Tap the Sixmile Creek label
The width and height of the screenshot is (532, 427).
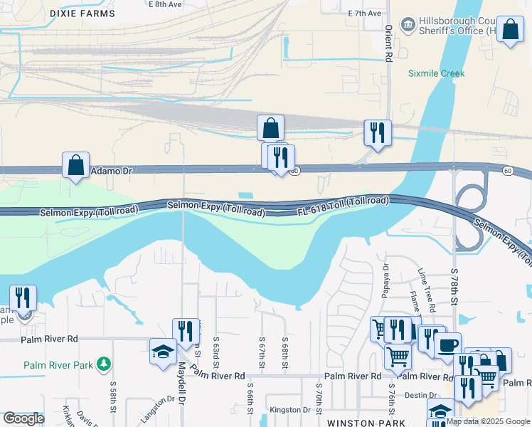point(436,73)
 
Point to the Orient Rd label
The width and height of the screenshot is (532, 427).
point(388,42)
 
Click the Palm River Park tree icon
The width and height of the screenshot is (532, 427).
point(105,364)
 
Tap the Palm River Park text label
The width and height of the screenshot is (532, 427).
point(58,365)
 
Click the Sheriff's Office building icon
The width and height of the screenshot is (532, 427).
point(408,26)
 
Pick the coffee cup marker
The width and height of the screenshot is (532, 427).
point(447,345)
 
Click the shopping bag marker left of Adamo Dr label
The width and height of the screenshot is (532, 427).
point(75,165)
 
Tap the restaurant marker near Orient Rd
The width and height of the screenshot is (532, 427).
point(377,132)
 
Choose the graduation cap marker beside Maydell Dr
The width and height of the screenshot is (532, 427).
point(163,352)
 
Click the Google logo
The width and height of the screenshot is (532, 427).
point(23,419)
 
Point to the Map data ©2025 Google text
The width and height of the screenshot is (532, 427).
point(488,421)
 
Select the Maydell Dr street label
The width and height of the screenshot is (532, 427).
point(181,391)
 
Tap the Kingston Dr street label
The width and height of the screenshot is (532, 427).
point(291,410)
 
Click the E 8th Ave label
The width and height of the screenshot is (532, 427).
point(165,4)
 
